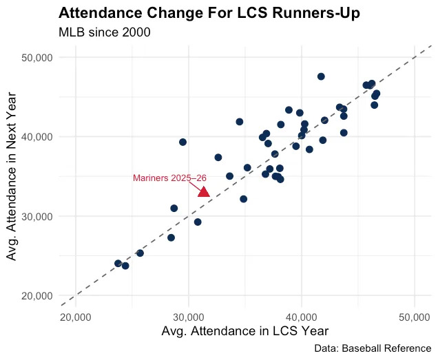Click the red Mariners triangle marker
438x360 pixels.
tap(203, 191)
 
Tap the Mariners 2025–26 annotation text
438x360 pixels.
tap(169, 178)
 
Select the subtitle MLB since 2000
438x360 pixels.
tap(104, 32)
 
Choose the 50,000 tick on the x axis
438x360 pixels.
tap(414, 317)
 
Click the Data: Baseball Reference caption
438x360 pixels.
tap(372, 349)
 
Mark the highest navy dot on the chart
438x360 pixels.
tap(321, 76)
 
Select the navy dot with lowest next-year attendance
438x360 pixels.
tap(125, 266)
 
